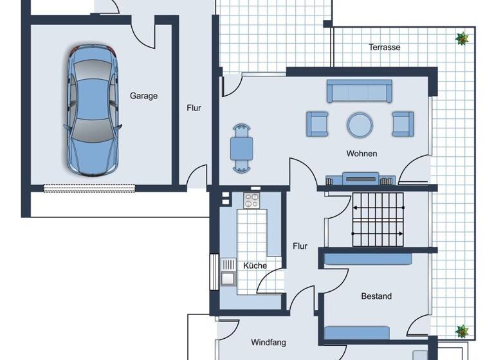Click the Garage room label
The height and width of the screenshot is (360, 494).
point(143,96)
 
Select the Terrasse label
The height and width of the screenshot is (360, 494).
point(385,48)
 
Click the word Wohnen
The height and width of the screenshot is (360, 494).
point(361,154)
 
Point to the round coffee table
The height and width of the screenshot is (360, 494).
point(360,124)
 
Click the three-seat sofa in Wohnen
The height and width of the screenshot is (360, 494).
point(359,91)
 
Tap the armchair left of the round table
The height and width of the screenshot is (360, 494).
point(317,123)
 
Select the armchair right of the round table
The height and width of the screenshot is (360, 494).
point(403,123)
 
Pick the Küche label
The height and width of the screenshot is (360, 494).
point(255,265)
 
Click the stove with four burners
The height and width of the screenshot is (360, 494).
point(252,201)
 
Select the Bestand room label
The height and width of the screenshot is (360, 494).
point(376,296)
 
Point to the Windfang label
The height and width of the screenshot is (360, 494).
point(268,343)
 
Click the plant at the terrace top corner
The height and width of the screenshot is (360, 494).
point(461,39)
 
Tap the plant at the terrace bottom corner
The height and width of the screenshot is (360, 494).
point(462,331)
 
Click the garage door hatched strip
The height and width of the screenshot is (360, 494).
point(89,188)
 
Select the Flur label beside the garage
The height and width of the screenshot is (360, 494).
point(194,108)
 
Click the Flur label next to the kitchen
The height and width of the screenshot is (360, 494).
point(300,246)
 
